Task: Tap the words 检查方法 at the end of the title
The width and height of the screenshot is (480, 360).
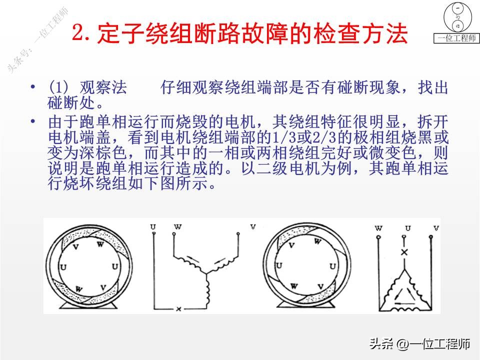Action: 368,34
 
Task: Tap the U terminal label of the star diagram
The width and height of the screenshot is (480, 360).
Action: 152,227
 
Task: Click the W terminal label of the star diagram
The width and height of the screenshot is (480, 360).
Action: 177,227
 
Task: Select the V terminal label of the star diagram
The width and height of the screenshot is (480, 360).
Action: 253,227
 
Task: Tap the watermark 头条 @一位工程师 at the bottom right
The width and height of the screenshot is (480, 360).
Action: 419,344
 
